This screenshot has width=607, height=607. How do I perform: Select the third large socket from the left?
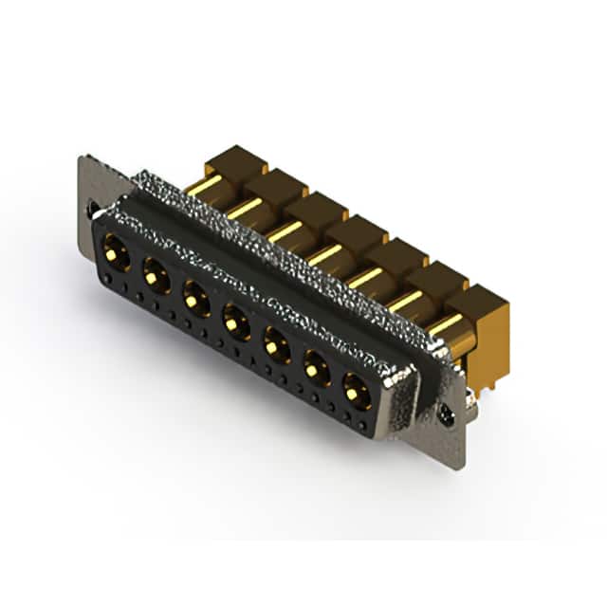196,299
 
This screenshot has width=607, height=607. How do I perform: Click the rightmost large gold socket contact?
357,389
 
